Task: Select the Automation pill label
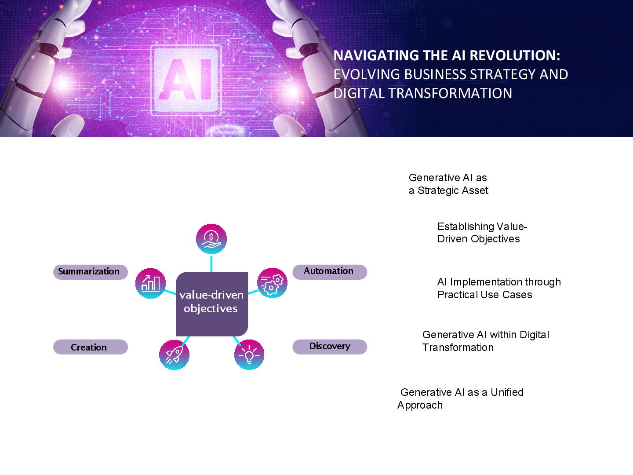(x=329, y=271)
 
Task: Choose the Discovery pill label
(x=329, y=347)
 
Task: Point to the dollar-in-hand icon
(x=211, y=239)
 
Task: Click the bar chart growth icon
(x=150, y=283)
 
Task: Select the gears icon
(x=272, y=283)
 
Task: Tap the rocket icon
(x=174, y=354)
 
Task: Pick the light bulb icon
(x=249, y=354)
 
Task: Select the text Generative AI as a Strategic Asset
(x=448, y=184)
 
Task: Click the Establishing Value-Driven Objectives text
(x=482, y=233)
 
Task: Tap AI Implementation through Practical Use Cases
(x=499, y=288)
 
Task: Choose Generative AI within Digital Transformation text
(x=485, y=341)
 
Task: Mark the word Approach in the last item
(x=420, y=405)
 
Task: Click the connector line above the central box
(x=211, y=263)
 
